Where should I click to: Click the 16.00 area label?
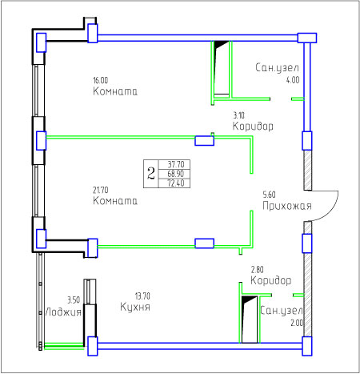[100, 80]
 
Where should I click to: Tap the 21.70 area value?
[101, 190]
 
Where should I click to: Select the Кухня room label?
[135, 307]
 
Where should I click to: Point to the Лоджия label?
[63, 312]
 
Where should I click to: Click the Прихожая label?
[287, 206]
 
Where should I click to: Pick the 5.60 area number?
[269, 195]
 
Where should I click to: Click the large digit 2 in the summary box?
[151, 174]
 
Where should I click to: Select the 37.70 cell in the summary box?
[176, 164]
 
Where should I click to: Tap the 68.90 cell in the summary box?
[176, 174]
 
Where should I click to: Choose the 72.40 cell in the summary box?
[176, 183]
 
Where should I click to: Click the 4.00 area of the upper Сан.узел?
[293, 80]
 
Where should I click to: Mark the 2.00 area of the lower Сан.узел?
[297, 323]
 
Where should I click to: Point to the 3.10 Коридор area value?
[238, 115]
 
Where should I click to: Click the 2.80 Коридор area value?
[257, 270]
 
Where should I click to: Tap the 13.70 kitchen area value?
[142, 296]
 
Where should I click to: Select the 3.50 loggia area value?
[74, 300]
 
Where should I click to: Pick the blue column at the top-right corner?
[307, 38]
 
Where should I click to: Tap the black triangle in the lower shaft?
[247, 299]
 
